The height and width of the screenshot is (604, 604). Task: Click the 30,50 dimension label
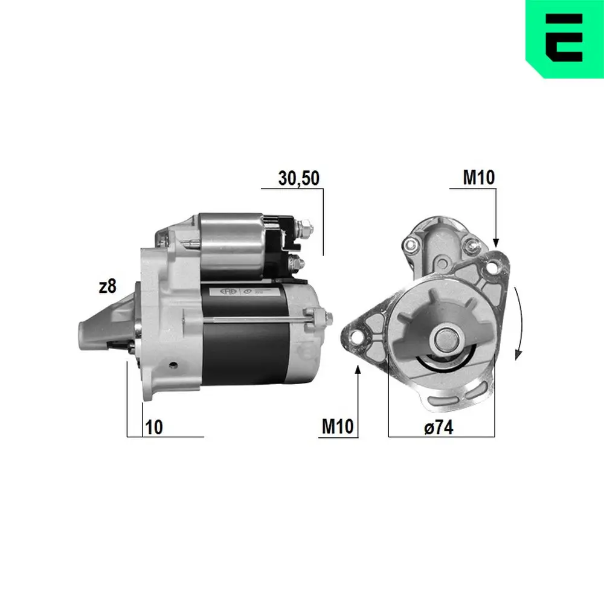[298, 178]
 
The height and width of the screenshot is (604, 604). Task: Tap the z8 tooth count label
[107, 287]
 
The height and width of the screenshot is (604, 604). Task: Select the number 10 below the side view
[154, 427]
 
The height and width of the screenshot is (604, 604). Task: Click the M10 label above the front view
[478, 177]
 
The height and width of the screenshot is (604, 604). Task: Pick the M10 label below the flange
[336, 427]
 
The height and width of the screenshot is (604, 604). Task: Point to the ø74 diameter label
[438, 427]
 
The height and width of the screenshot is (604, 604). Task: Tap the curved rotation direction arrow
[518, 323]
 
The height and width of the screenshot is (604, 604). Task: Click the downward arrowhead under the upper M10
[496, 242]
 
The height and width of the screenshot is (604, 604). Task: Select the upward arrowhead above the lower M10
[359, 370]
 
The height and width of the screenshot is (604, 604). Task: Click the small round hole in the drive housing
[173, 365]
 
